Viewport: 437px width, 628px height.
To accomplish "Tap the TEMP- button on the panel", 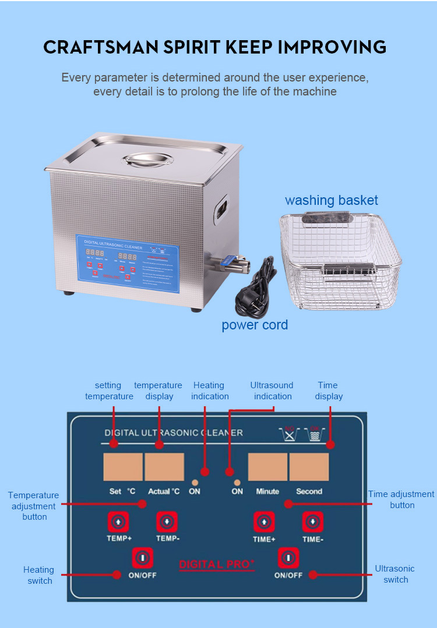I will coord(167,521).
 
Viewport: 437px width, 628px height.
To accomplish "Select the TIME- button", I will coord(313,521).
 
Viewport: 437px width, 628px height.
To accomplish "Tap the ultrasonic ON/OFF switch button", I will coord(288,558).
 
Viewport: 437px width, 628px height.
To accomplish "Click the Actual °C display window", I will coord(164,467).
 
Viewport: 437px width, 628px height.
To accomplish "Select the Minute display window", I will coord(267,467).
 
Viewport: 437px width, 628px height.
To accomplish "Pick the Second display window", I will coord(309,467).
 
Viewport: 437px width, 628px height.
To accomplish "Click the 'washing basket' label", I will coord(331,200).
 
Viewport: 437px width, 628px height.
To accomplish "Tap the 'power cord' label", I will coord(255,325).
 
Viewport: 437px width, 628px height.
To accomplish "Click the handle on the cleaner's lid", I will coord(142,159).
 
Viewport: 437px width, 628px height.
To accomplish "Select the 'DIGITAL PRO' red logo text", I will coord(216,565).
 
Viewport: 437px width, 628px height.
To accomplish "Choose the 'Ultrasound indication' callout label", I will coord(272,391).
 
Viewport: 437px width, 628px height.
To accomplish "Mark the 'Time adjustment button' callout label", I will coord(401,499).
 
